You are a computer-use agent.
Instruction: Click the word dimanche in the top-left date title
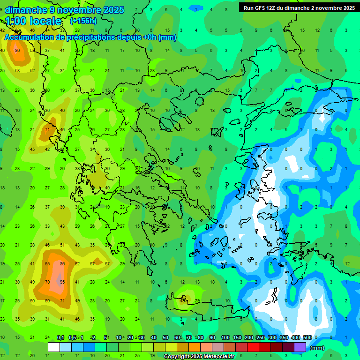pos(26,10)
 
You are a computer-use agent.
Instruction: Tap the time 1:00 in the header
pos(15,21)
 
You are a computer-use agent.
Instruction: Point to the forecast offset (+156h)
pos(83,21)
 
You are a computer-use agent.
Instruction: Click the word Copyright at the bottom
pos(177,357)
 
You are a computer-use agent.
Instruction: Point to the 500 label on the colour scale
pos(307,337)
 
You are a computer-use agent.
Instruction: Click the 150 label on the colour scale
pos(237,337)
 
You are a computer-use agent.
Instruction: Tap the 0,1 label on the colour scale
pos(60,337)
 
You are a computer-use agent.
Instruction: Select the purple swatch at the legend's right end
pos(300,347)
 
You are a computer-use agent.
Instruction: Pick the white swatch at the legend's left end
pos(54,347)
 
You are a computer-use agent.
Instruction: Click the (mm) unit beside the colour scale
pos(317,348)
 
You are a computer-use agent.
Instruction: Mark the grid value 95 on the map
pos(62,282)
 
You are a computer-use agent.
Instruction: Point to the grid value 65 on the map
pos(47,264)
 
